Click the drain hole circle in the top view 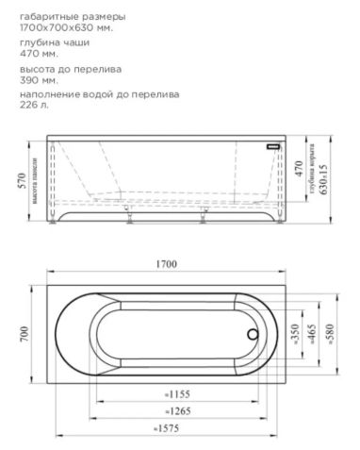tap(252, 333)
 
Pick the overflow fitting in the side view tap(273, 147)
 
